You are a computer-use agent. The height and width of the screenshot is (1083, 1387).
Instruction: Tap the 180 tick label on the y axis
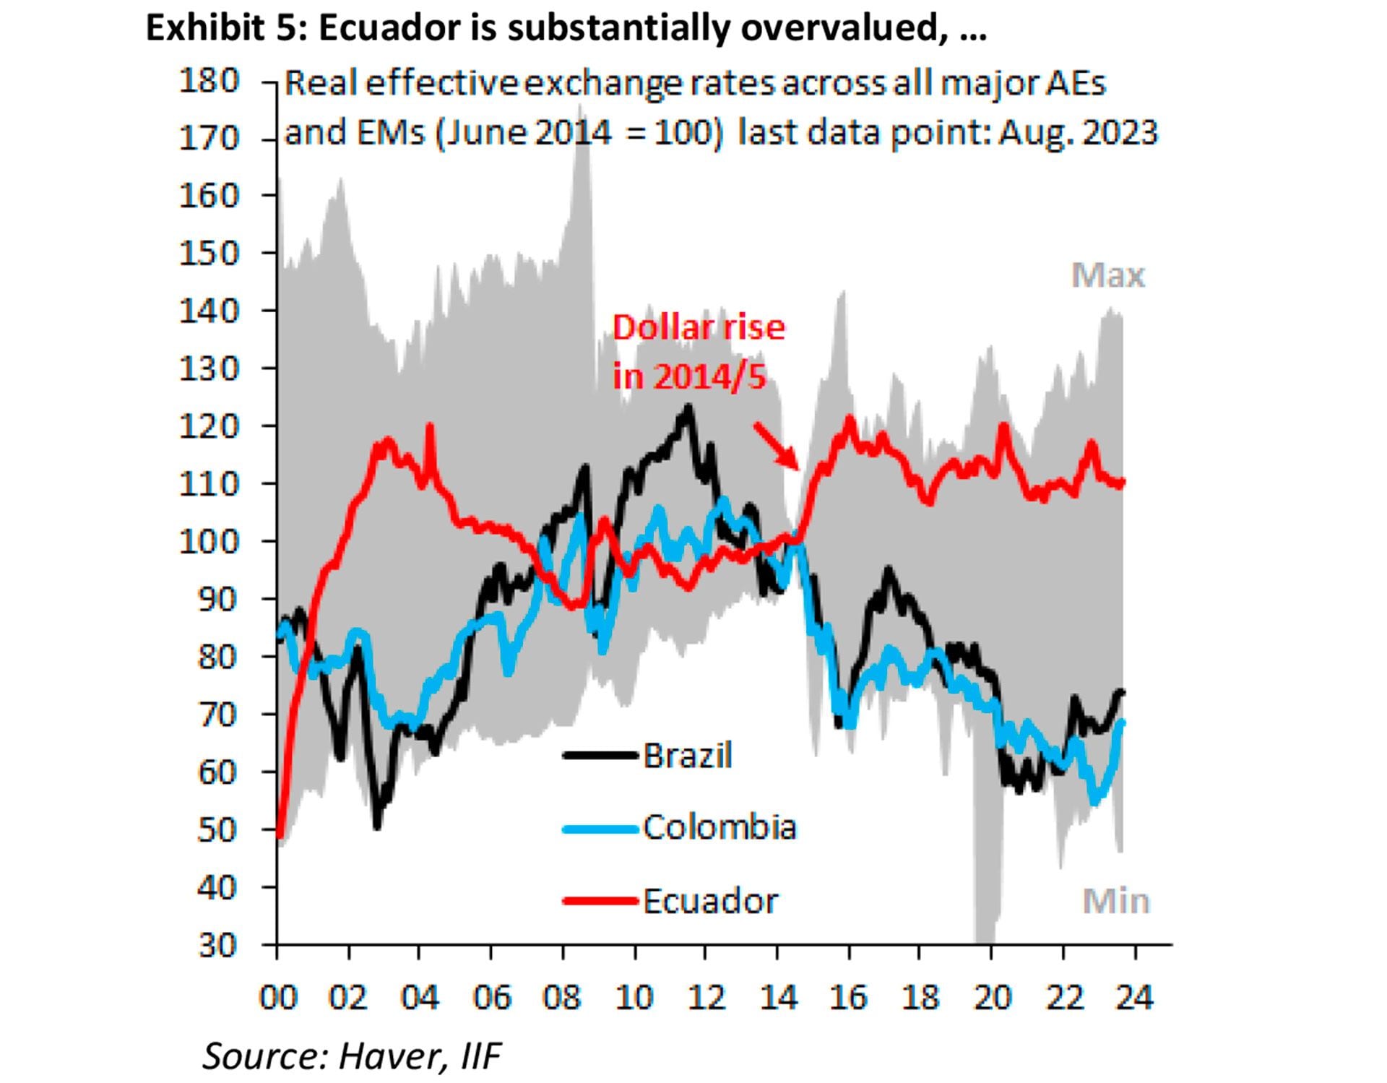(x=209, y=80)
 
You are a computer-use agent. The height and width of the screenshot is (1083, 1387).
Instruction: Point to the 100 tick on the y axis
(x=209, y=541)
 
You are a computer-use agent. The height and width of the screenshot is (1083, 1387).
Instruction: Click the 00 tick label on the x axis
(x=278, y=998)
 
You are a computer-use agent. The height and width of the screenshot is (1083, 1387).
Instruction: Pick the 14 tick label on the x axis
(x=779, y=998)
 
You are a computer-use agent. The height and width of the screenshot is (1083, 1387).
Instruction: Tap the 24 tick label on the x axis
(x=1135, y=998)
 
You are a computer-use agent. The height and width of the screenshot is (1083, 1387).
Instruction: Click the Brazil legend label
(x=687, y=756)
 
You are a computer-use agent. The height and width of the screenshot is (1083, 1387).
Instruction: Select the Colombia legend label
(x=720, y=827)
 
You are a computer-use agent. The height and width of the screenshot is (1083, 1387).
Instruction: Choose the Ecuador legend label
(x=711, y=901)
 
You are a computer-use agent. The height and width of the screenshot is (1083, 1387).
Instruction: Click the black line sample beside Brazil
(x=600, y=756)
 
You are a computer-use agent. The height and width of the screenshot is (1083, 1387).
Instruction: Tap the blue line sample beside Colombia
(x=600, y=829)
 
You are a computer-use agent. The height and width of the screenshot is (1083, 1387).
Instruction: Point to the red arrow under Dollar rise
(x=777, y=446)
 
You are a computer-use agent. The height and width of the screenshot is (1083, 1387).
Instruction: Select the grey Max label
(x=1107, y=275)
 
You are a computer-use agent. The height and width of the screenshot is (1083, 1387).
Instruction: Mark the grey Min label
(x=1115, y=901)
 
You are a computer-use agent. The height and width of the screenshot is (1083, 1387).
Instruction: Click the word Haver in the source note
(x=389, y=1056)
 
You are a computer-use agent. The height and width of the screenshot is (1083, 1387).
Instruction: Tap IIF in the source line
(x=480, y=1056)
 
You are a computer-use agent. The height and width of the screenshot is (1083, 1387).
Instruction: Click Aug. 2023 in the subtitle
(x=1078, y=133)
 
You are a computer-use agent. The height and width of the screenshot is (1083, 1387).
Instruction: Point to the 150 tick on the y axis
(x=209, y=253)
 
